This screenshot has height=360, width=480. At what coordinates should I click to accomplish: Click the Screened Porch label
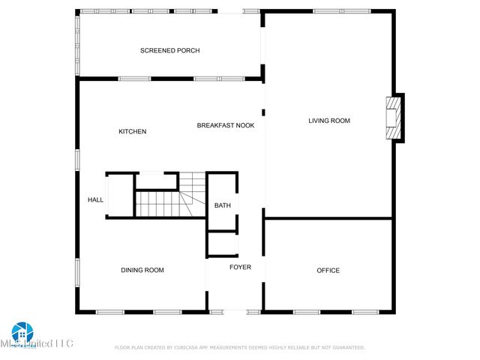point(169,51)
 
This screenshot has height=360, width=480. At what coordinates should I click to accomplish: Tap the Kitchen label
point(132,132)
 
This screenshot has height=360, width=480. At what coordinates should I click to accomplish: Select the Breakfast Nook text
point(226,125)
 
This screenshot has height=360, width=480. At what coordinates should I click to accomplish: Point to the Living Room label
point(329,121)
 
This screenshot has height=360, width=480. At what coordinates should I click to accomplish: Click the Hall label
point(95,199)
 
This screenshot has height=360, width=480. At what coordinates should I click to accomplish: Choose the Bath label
point(223,205)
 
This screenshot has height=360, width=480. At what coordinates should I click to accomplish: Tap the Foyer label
point(240,268)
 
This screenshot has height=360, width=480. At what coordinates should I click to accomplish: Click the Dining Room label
point(142,270)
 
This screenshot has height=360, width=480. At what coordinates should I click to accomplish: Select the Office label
point(328,271)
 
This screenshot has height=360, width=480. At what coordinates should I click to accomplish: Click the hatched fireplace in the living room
point(392,118)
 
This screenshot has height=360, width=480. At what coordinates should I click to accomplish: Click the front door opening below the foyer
point(235,311)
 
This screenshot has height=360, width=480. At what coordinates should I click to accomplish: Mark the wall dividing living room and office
point(328,218)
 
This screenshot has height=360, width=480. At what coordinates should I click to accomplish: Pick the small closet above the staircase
point(156,181)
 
